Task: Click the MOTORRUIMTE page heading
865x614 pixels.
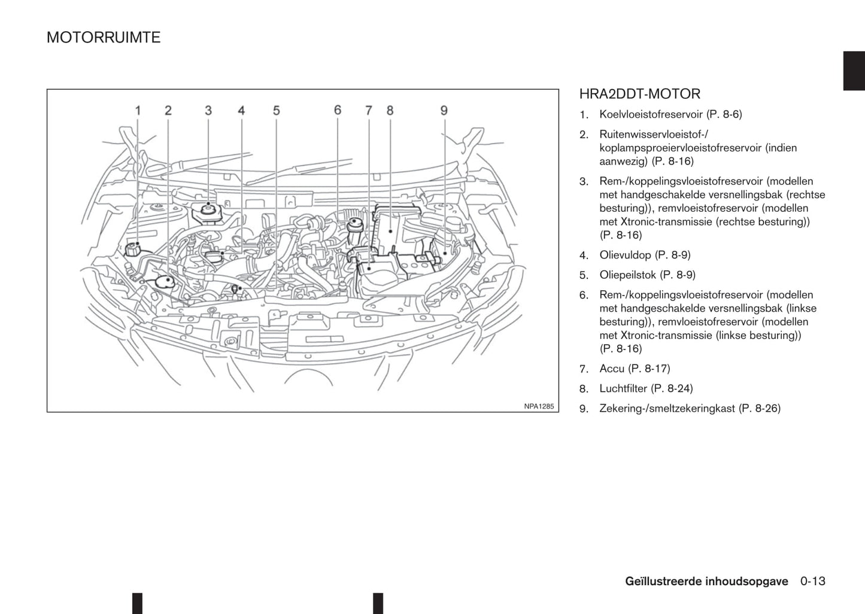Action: click(104, 38)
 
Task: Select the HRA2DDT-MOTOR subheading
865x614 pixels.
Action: click(639, 94)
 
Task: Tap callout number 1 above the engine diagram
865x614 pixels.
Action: click(138, 110)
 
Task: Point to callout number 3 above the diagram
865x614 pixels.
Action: click(208, 110)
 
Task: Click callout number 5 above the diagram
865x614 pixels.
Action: click(276, 110)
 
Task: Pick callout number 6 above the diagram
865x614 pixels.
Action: click(338, 110)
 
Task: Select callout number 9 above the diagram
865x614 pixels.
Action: click(444, 110)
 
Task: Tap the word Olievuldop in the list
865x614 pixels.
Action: click(625, 255)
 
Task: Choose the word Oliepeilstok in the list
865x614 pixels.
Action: click(627, 275)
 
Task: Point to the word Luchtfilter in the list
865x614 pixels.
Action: click(623, 388)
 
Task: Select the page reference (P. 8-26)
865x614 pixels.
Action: click(760, 408)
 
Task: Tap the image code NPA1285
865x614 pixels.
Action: click(539, 406)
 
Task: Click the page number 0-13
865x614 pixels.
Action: click(812, 581)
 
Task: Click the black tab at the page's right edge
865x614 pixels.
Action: click(854, 71)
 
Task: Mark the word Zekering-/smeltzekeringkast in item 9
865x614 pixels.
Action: click(667, 408)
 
